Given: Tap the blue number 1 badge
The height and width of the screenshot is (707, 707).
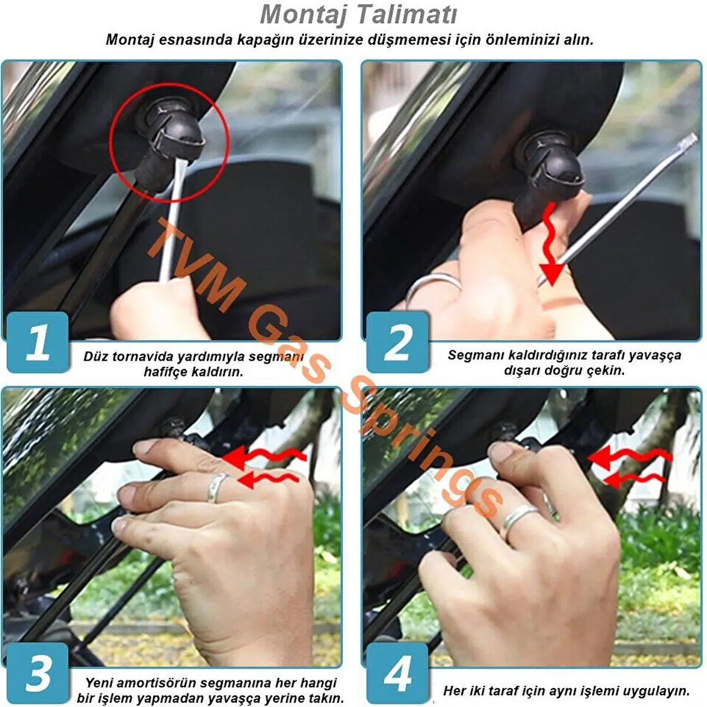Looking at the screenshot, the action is tap(38, 342).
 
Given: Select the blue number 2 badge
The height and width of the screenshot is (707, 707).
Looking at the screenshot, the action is tap(397, 342).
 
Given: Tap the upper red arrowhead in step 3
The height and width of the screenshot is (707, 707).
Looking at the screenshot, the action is tap(234, 457).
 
